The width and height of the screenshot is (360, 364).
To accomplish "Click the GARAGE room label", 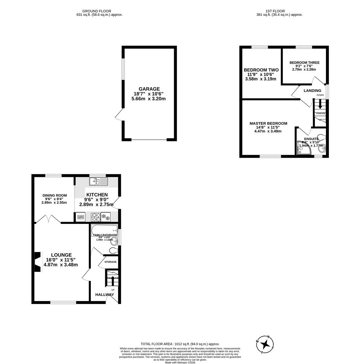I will [149, 89].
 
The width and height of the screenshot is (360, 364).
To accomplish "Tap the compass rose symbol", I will [265, 344].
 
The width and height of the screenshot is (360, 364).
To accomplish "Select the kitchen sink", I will [98, 182].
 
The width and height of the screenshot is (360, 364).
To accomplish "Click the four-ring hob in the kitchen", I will [95, 217].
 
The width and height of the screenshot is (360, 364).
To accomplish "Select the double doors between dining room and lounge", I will [48, 219].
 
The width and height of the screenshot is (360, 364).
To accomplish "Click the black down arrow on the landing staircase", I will [320, 106].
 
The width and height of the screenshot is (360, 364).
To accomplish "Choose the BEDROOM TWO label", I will [261, 70].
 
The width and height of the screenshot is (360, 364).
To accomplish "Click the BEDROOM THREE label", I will [304, 63].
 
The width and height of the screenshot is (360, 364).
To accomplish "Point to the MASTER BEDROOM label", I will [268, 123].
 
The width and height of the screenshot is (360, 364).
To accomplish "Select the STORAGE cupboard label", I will [110, 262].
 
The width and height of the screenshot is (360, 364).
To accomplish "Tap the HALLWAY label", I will [104, 295].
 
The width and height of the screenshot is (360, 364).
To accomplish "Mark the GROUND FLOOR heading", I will [96, 11].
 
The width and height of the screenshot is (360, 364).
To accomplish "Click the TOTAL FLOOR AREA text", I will [180, 344].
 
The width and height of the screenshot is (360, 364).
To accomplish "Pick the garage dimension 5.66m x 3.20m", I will [148, 99].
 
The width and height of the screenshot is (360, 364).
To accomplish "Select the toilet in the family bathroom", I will [114, 250].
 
